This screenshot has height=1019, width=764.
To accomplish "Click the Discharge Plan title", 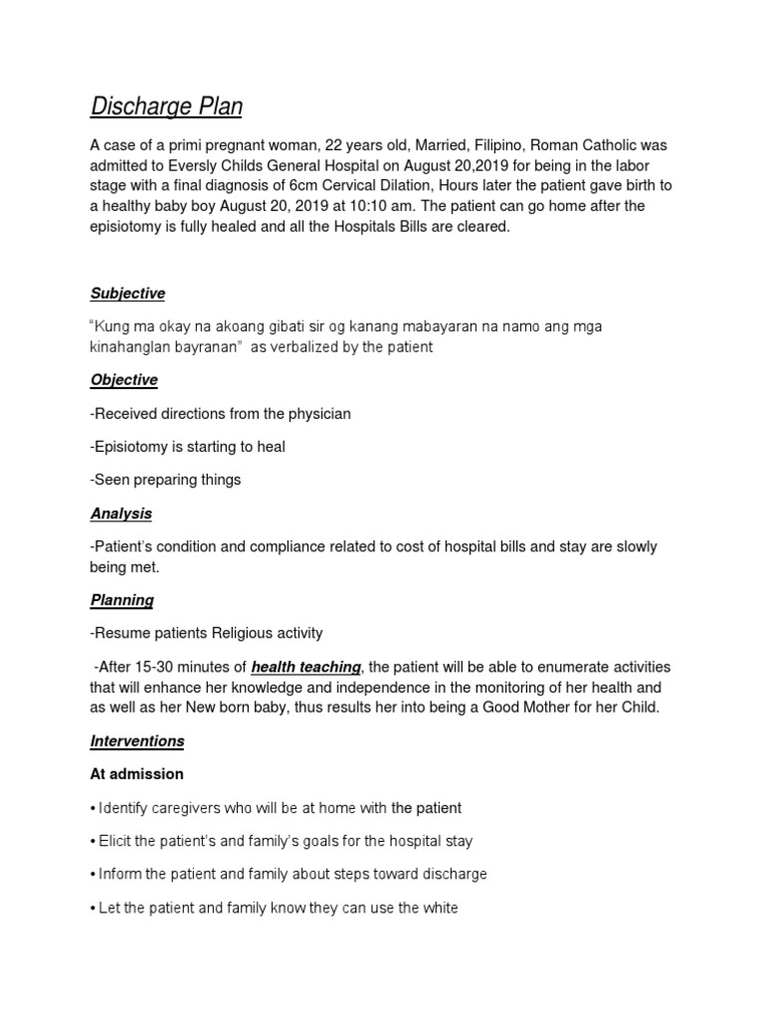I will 166,106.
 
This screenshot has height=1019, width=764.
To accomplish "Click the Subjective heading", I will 127,294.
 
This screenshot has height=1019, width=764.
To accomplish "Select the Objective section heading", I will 123,380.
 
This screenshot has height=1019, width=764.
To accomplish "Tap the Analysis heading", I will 120,513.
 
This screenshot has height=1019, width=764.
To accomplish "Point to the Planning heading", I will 121,600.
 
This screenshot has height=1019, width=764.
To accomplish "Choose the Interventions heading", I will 136,741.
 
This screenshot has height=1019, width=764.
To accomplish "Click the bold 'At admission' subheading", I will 136,774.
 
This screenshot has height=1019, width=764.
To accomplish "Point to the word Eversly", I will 208,165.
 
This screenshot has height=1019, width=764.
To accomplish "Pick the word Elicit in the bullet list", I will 115,842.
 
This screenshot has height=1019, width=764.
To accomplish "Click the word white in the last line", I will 439,909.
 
